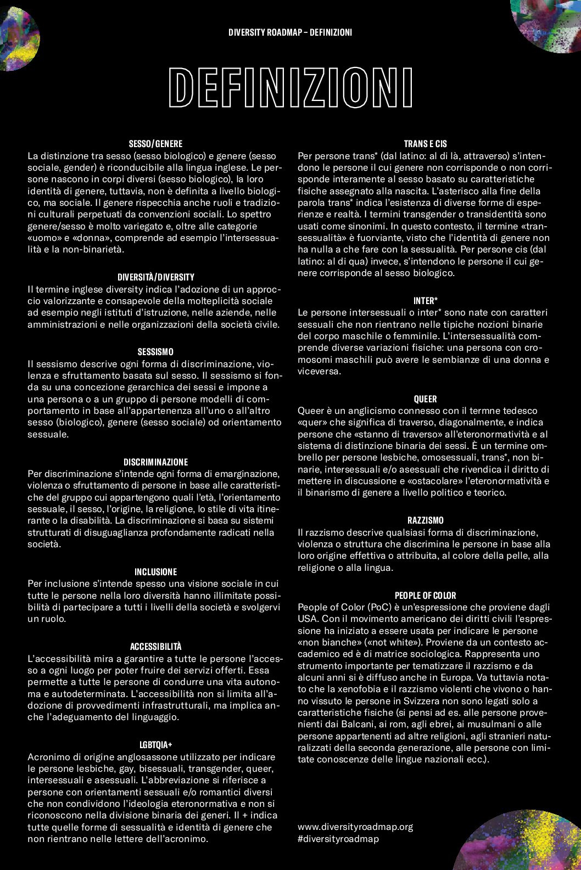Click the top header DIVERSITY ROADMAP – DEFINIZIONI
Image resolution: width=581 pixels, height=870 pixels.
[290, 32]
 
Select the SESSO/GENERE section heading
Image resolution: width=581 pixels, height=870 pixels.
[155, 144]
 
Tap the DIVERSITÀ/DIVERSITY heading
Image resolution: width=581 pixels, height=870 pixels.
[155, 277]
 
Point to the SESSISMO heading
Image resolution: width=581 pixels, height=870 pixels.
[155, 352]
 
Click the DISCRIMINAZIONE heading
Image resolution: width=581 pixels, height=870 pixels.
[155, 462]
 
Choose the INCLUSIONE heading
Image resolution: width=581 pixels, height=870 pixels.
[155, 572]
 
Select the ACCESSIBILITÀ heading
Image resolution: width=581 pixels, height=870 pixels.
[155, 647]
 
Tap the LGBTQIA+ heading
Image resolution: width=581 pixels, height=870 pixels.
[155, 745]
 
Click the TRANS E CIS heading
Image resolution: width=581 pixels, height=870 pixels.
[425, 144]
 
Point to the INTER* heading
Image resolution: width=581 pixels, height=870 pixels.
[425, 301]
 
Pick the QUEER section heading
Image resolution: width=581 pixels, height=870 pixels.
[425, 399]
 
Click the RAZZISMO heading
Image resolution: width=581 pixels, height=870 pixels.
[425, 520]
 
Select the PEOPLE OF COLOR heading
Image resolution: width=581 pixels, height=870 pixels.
[425, 596]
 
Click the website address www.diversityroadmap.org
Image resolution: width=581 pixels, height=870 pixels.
[355, 827]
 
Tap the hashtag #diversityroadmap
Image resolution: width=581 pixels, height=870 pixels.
[338, 839]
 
